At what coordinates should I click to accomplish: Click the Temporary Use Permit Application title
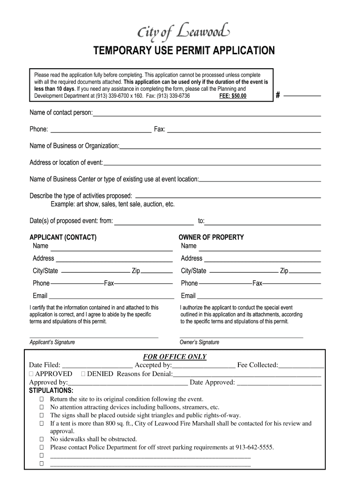click(x=184, y=51)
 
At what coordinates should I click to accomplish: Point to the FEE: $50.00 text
click(x=232, y=96)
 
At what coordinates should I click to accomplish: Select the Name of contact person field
click(x=207, y=113)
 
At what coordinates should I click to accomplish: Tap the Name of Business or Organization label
click(x=74, y=146)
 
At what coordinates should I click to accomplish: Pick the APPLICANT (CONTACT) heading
click(x=63, y=237)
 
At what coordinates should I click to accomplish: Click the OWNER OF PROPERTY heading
click(x=211, y=237)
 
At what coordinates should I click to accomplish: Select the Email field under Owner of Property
click(x=259, y=296)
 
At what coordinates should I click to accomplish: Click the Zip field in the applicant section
click(x=157, y=271)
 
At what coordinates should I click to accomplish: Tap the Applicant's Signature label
click(x=52, y=342)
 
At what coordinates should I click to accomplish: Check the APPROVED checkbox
click(x=31, y=374)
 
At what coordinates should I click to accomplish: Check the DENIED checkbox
click(x=83, y=374)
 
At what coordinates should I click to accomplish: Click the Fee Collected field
click(x=301, y=365)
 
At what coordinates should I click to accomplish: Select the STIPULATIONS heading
click(x=51, y=390)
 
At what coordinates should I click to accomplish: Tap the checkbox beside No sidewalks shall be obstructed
click(x=42, y=439)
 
